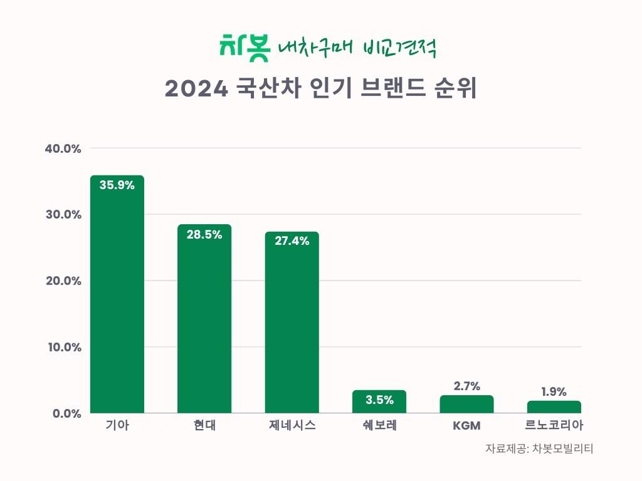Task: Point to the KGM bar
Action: click(466, 405)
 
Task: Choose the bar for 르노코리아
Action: click(554, 407)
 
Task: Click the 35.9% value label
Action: click(117, 185)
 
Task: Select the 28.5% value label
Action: click(204, 234)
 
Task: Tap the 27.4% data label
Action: click(292, 241)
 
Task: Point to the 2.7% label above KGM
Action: click(466, 386)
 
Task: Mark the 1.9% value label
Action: click(554, 392)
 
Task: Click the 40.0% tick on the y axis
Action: click(63, 149)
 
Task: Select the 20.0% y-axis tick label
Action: click(63, 281)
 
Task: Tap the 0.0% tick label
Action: click(66, 413)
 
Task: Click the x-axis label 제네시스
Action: click(292, 427)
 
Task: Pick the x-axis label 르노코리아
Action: click(554, 427)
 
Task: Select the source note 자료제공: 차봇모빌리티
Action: click(539, 449)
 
